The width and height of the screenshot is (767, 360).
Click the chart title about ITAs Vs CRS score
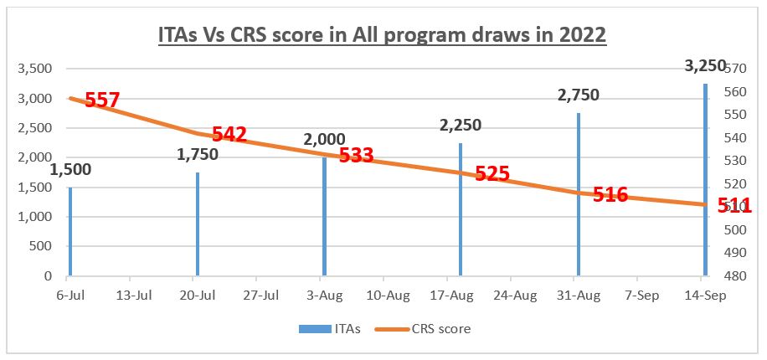click(x=382, y=37)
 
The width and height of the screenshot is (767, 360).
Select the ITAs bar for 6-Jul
click(x=70, y=231)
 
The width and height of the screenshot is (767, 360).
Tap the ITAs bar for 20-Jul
click(x=198, y=224)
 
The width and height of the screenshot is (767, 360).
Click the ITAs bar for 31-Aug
click(x=579, y=194)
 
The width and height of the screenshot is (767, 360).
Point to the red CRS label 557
click(x=102, y=100)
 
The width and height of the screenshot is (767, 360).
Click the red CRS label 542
click(x=229, y=134)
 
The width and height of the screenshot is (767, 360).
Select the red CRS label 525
click(x=492, y=173)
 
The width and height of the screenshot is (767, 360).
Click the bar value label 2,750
click(x=579, y=95)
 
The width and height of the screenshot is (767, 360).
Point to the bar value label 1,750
click(x=198, y=154)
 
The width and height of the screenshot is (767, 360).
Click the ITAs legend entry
click(x=330, y=329)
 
